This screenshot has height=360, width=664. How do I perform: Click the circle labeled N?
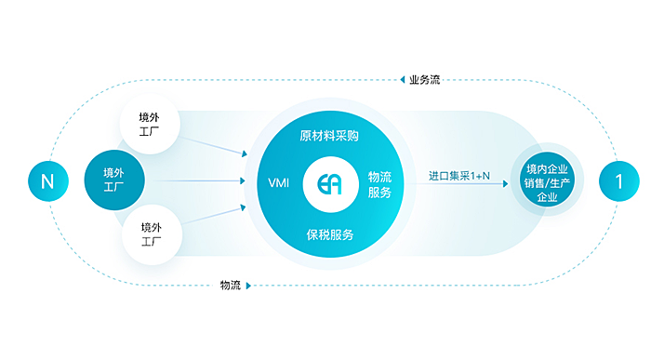[48, 181]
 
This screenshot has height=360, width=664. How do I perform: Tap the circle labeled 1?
[619, 181]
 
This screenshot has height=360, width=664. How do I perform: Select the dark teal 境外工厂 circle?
[114, 180]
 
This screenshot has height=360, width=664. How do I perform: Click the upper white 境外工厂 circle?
[150, 124]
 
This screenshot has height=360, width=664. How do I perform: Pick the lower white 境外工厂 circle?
[152, 234]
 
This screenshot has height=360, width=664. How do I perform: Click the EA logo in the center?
[330, 184]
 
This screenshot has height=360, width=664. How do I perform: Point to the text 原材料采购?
[329, 136]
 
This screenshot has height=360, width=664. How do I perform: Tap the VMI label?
[279, 183]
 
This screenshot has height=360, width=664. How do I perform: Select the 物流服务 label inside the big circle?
[379, 185]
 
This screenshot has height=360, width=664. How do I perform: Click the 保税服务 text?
[330, 234]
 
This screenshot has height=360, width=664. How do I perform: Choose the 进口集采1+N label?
[459, 176]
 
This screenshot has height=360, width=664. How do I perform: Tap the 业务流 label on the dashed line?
[425, 80]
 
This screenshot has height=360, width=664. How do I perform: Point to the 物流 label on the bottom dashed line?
[231, 286]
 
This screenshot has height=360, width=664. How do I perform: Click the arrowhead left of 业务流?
[403, 80]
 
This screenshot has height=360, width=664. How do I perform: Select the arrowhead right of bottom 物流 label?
[248, 286]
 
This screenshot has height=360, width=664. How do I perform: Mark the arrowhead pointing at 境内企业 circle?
[506, 184]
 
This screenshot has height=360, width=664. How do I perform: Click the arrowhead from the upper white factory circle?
[245, 153]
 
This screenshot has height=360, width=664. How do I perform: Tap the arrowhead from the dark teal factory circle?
[243, 180]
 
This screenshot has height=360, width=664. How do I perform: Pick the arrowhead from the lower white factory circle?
[243, 207]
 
